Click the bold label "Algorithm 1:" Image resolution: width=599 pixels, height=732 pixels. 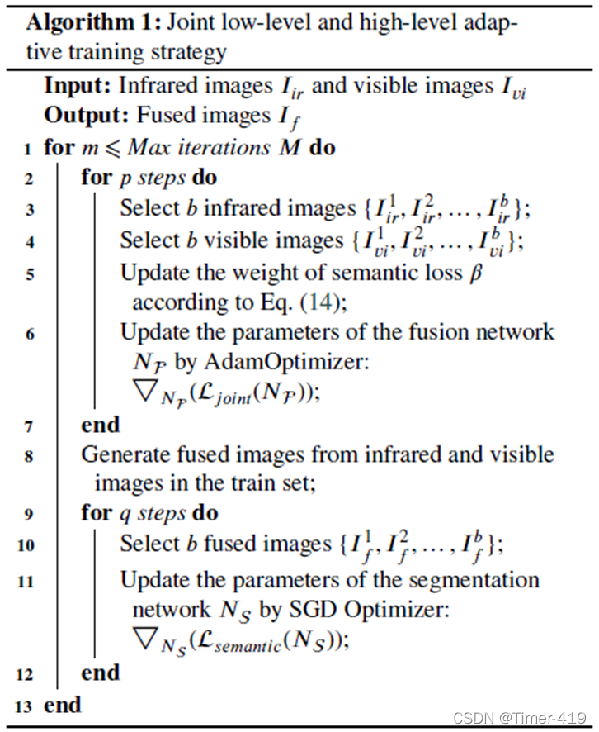tap(93, 23)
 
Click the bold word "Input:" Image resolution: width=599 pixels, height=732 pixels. tap(78, 85)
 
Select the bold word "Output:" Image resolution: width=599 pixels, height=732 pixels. tap(87, 116)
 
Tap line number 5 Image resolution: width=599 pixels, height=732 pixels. tap(30, 274)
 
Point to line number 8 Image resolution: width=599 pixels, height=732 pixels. tap(29, 455)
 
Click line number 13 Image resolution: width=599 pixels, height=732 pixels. tap(23, 706)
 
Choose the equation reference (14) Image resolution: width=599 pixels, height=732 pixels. tap(320, 302)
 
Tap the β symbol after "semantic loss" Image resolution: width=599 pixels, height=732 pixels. tap(475, 273)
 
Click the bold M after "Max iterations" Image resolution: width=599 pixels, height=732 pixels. tap(290, 148)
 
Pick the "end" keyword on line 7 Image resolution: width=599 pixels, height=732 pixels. tap(100, 425)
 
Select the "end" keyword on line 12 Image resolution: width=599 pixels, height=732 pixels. tap(100, 673)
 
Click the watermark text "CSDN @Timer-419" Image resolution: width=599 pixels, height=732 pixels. tap(519, 717)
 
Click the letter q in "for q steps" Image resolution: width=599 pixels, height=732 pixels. tap(125, 515)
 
